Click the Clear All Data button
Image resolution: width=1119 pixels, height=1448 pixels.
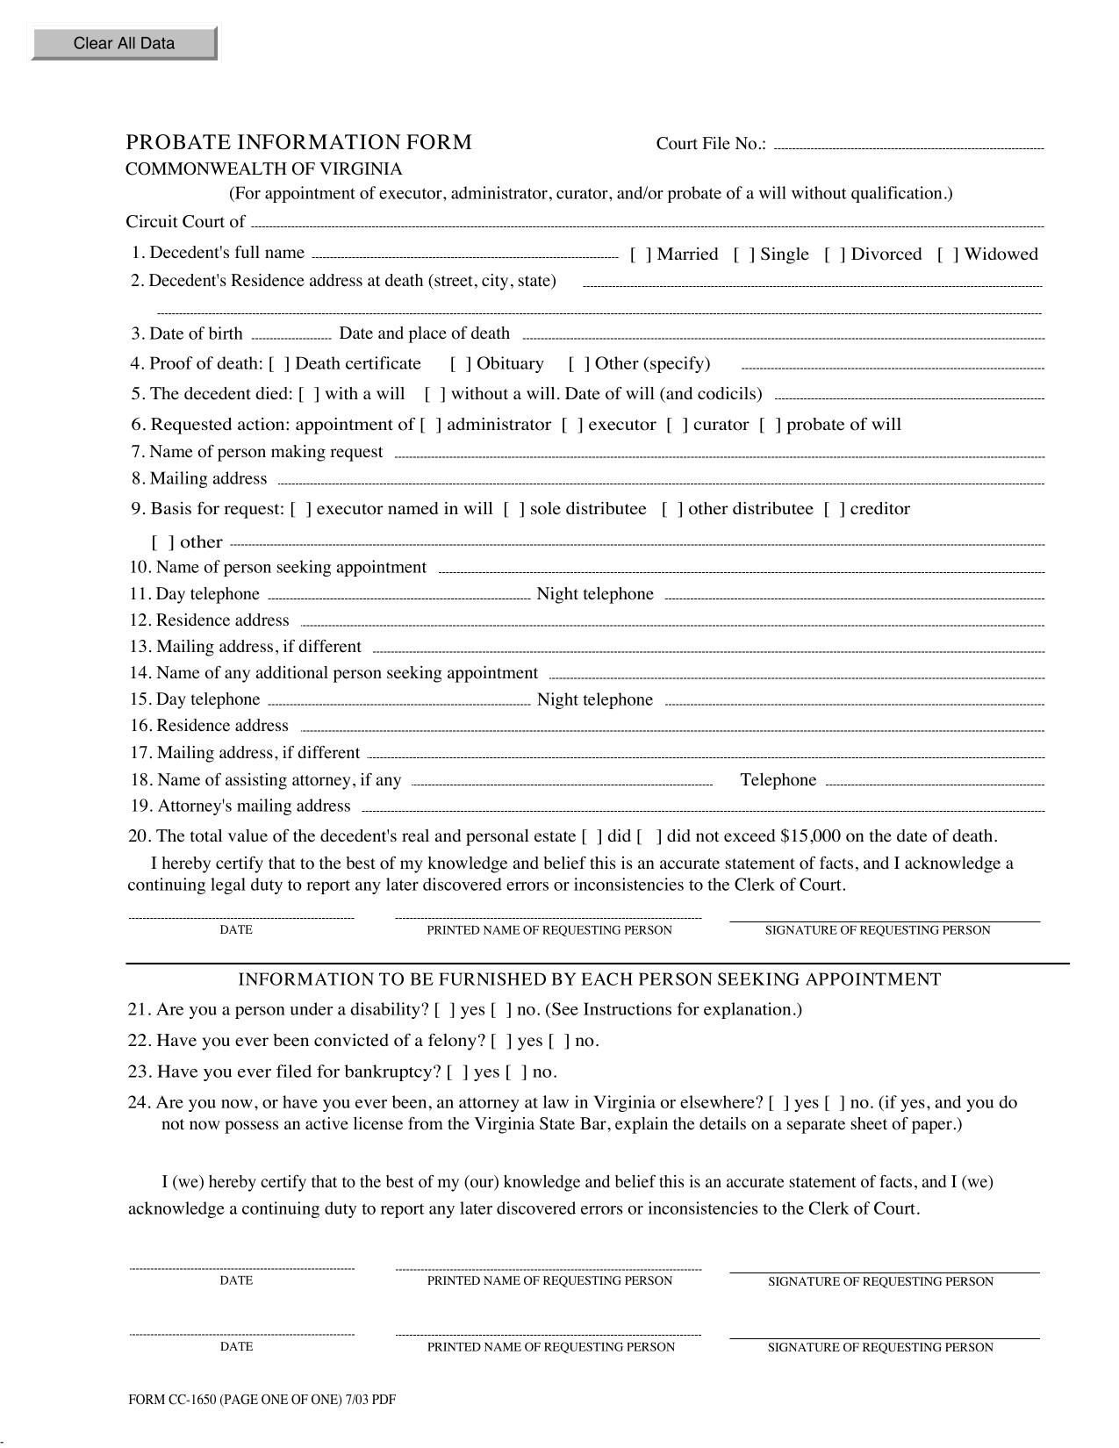pos(124,43)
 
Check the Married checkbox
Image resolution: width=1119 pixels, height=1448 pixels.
pos(642,254)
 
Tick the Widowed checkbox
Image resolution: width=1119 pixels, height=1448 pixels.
pos(948,254)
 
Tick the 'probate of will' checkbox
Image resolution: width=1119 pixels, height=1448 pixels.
pos(771,425)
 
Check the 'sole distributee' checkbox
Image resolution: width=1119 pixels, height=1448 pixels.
pos(514,509)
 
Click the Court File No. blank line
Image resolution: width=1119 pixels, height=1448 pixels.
pos(908,146)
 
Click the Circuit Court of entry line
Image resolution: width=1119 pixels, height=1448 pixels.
pos(647,224)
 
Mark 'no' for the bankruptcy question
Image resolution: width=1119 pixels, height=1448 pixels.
pos(517,1072)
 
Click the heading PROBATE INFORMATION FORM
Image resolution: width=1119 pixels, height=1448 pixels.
pos(298,142)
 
